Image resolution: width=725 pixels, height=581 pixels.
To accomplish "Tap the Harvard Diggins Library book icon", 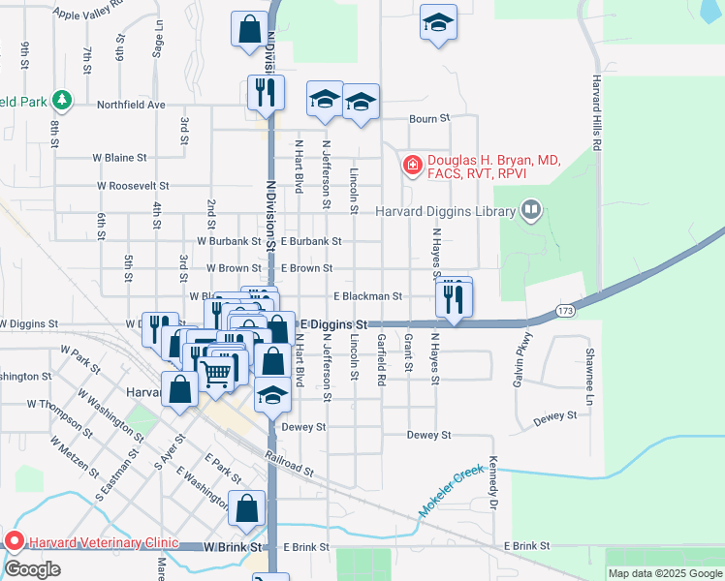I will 530,209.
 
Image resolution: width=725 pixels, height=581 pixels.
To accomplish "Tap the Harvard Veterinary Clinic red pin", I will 15,541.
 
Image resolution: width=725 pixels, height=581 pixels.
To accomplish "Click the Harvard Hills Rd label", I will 598,111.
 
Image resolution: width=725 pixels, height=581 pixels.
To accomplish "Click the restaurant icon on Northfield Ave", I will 266,93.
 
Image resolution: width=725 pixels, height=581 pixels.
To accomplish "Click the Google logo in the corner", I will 32,569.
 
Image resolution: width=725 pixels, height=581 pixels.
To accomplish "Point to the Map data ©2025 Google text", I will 665,574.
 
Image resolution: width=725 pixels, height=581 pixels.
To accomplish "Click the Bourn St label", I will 430,119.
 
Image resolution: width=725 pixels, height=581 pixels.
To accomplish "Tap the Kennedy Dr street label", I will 492,484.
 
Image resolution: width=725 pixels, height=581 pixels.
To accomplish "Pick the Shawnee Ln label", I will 588,377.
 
